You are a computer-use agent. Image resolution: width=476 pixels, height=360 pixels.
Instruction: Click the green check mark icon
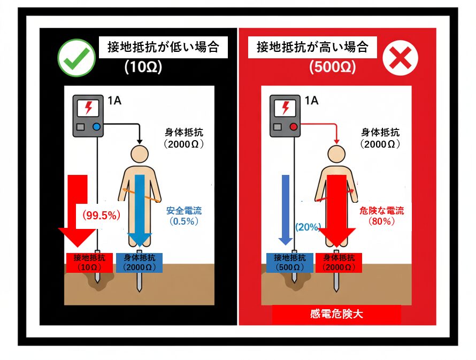(76, 58)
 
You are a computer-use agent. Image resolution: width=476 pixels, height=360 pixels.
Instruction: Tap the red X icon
(400, 58)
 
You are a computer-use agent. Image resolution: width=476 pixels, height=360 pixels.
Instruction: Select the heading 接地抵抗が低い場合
(163, 48)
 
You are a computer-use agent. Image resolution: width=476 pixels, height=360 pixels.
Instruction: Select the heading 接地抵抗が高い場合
(312, 48)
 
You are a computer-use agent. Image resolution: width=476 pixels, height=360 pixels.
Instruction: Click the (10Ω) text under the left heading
(143, 67)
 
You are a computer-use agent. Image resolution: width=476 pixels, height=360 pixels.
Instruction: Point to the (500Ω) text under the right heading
(333, 67)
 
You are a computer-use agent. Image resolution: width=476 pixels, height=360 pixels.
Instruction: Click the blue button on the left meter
(96, 127)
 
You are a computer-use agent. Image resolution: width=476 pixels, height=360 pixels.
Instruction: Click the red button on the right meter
(294, 127)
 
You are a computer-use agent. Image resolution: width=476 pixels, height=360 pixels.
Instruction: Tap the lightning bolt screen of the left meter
(88, 108)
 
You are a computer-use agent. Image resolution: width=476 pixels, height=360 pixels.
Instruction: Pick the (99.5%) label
(102, 215)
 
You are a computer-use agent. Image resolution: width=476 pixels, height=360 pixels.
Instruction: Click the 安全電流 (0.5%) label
(184, 216)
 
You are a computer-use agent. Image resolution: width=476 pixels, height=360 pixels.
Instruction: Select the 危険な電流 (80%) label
(381, 216)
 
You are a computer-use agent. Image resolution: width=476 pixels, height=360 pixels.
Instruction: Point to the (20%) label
(308, 227)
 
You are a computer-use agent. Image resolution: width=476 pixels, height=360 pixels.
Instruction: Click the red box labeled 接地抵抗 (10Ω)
(89, 263)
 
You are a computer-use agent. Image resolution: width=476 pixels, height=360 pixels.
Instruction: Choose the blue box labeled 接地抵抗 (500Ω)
(289, 263)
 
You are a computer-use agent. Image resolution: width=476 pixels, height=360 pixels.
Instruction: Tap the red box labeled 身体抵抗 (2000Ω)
(339, 263)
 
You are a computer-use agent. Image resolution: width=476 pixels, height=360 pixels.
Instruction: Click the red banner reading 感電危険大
(336, 314)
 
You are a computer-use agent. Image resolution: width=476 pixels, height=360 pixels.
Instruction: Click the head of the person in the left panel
(140, 154)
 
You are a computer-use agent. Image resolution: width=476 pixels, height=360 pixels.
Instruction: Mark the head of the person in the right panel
(336, 154)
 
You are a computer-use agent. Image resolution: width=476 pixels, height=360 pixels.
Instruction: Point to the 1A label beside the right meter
(311, 101)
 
